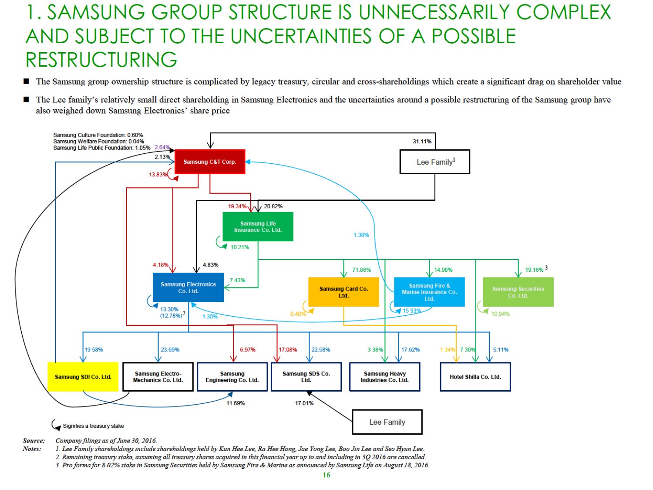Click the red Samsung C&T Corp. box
click(210, 162)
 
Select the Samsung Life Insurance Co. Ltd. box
click(258, 226)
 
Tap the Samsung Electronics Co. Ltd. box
click(188, 287)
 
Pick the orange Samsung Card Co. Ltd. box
click(343, 292)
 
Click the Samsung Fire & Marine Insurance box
click(429, 292)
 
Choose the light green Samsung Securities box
click(518, 292)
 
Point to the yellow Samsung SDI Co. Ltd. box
click(83, 377)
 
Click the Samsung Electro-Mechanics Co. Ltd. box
click(158, 377)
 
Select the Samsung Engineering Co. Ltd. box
click(232, 377)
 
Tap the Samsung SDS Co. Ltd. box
click(306, 377)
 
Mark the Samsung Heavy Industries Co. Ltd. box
click(384, 377)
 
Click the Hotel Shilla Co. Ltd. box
click(475, 377)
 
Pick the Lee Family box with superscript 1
click(434, 162)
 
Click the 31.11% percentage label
click(422, 142)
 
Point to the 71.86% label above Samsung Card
click(361, 270)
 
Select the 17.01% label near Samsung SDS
click(304, 403)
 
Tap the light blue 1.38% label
click(361, 235)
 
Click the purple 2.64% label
click(162, 148)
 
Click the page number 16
click(326, 475)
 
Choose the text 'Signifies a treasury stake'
click(93, 426)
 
